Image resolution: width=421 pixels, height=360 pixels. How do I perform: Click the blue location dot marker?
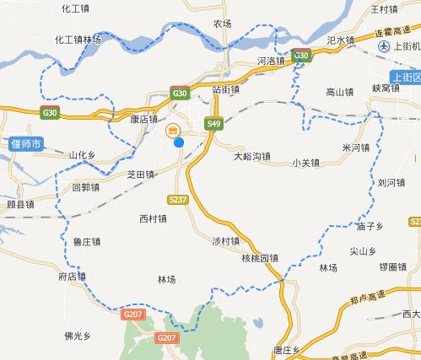tap(179, 142)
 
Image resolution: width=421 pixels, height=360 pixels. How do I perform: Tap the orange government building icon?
tap(172, 129)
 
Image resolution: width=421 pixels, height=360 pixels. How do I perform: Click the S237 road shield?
tap(176, 200)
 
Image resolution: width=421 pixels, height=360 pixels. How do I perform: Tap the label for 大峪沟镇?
tap(251, 156)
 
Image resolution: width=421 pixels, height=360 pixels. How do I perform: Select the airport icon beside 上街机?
tap(385, 47)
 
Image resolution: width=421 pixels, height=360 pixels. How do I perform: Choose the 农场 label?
tap(223, 24)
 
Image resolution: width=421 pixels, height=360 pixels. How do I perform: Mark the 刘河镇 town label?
tap(391, 181)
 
